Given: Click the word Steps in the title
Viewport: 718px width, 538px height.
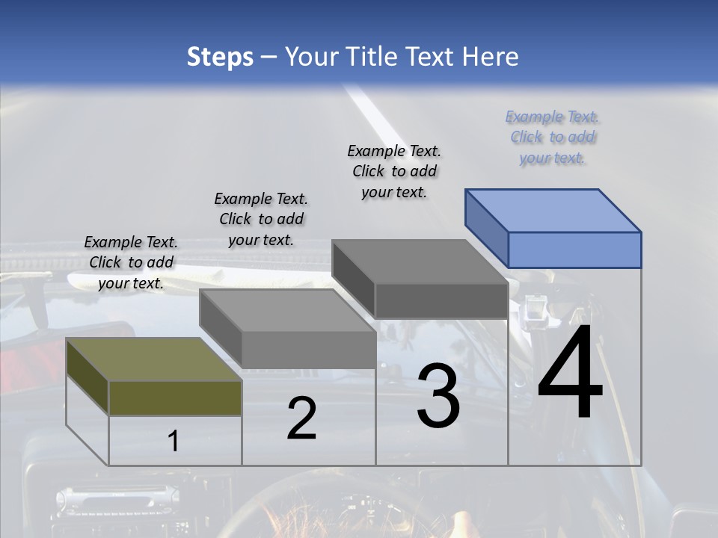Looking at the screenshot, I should click(220, 57).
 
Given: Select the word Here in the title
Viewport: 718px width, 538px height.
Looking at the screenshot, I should click(491, 57).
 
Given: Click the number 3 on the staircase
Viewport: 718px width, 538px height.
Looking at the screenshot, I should click(438, 397).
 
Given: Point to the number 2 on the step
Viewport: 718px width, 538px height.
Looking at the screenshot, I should click(301, 419).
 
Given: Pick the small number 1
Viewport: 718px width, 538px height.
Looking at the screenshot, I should click(174, 442).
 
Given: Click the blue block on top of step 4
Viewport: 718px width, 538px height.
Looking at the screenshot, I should click(574, 250).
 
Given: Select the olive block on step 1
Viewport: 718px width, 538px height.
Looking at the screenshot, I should click(175, 398).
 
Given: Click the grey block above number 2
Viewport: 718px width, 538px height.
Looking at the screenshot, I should click(308, 349).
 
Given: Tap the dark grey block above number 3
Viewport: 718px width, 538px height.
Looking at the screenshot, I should click(441, 300).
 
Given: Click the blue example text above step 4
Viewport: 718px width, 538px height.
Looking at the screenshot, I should click(553, 137).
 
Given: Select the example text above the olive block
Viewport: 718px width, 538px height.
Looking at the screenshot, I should click(131, 262).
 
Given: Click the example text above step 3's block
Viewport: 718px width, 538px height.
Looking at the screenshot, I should click(394, 171).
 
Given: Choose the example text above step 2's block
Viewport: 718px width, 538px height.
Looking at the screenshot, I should click(261, 219).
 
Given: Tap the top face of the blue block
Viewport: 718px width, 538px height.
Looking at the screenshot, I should click(553, 210).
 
